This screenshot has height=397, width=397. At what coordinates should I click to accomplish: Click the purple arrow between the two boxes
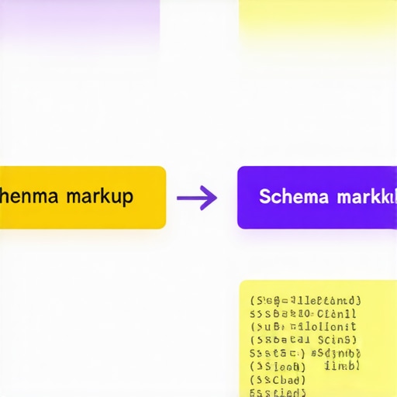[196, 198]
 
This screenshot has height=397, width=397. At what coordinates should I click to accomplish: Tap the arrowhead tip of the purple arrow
[216, 198]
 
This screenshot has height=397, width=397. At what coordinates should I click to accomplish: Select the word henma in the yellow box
[30, 196]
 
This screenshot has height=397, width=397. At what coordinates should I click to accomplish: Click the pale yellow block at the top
[318, 19]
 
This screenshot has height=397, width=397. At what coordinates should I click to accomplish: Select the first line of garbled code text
[306, 301]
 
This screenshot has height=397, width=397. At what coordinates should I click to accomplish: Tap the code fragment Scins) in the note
[337, 340]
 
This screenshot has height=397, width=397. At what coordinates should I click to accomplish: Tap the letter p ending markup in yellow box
[128, 198]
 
